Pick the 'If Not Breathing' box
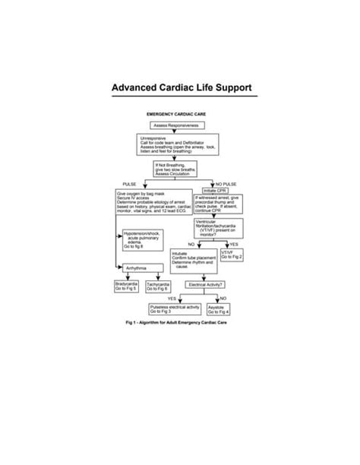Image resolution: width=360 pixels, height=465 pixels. coord(175,169)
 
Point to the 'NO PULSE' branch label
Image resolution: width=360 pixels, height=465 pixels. coord(228,185)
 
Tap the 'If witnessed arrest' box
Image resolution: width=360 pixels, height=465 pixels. coord(219,204)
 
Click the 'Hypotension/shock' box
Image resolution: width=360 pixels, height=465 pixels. coord(144,240)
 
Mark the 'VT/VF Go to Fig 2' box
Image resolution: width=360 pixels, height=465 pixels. coord(232,255)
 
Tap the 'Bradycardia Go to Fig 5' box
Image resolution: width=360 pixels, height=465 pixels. coord(126,287)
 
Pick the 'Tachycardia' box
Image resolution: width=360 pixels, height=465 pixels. coord(156,287)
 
